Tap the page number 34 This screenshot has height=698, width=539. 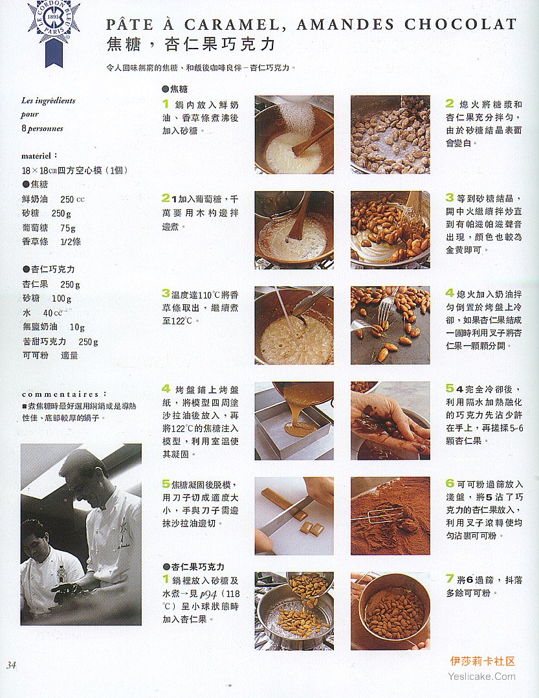tap(12, 665)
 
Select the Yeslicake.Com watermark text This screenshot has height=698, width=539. tap(481, 677)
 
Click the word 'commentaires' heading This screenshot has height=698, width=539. tap(60, 394)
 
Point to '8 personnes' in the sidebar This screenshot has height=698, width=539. tap(42, 129)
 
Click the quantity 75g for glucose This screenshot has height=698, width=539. tap(67, 228)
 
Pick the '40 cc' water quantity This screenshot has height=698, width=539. tap(52, 313)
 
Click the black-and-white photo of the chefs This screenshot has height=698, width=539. tap(81, 534)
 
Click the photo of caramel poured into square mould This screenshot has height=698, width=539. tap(294, 421)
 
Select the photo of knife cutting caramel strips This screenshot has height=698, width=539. tap(294, 516)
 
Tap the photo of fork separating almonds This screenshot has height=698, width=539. tap(390, 326)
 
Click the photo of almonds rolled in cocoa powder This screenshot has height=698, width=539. tap(390, 516)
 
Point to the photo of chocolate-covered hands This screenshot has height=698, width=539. tap(390, 421)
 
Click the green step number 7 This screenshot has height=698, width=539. tap(450, 579)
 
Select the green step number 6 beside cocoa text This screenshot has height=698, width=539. tap(450, 484)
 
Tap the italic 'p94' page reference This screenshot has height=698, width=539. tap(208, 594)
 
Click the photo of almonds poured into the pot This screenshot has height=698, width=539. tap(294, 611)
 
